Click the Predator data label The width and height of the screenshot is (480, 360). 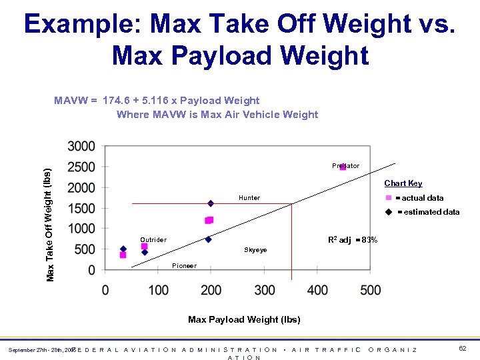click(x=345, y=165)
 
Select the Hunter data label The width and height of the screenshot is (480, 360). click(x=249, y=197)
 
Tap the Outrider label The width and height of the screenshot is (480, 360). click(x=153, y=239)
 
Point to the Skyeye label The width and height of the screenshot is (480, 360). click(x=255, y=250)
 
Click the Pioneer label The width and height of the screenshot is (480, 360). click(x=184, y=265)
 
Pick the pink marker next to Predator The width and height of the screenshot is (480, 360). click(x=343, y=167)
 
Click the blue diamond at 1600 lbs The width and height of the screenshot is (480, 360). click(x=211, y=203)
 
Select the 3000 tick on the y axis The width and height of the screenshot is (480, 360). click(x=81, y=146)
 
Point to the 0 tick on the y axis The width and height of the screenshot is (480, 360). click(x=91, y=269)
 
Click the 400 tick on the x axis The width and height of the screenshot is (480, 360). click(x=318, y=290)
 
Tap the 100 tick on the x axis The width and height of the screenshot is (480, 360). click(x=159, y=290)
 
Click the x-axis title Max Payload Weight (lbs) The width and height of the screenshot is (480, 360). click(x=244, y=319)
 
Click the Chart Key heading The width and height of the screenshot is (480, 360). click(x=403, y=183)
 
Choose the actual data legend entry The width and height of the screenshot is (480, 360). click(x=419, y=198)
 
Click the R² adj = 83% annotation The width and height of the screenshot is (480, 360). click(x=353, y=240)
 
